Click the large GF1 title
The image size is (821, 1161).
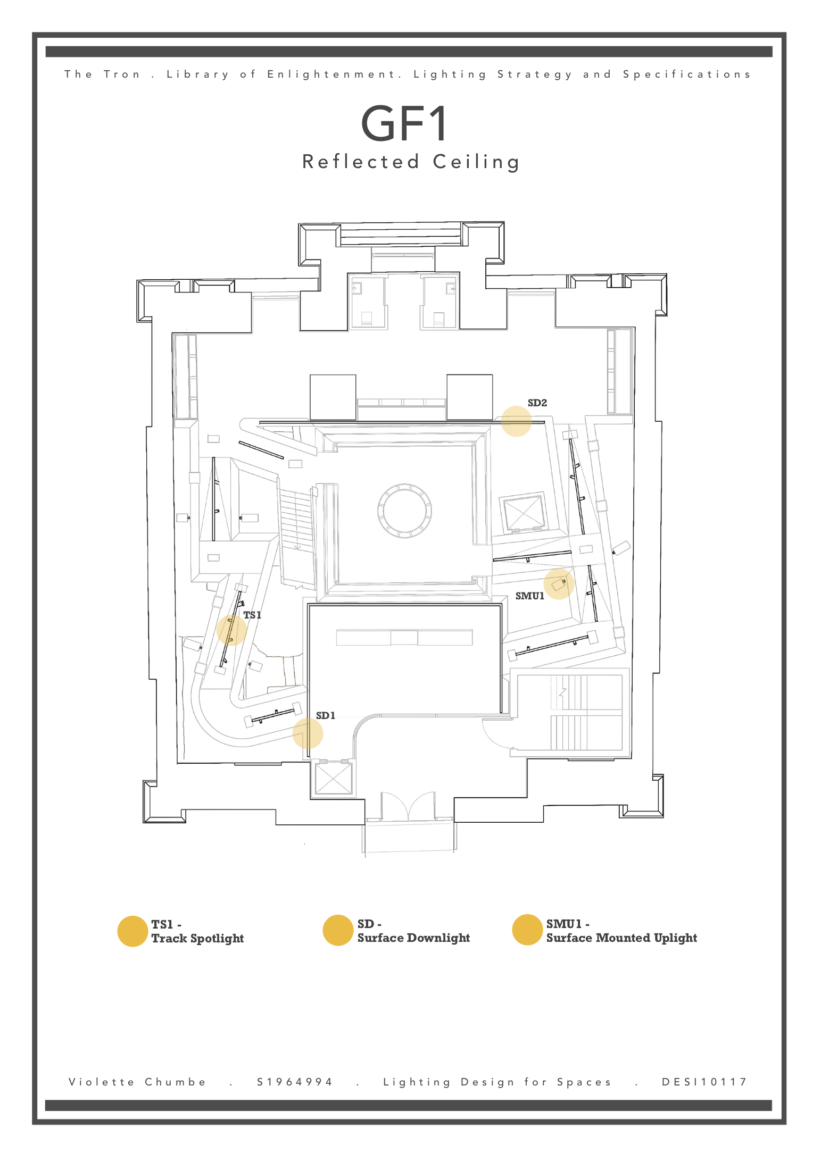pos(404,123)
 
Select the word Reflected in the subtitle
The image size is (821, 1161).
pos(361,162)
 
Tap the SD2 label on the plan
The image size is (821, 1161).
pos(537,403)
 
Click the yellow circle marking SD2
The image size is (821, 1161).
pos(516,421)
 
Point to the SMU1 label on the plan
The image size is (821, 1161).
pos(529,596)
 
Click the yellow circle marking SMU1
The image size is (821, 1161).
pos(559,584)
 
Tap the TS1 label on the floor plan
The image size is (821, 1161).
pos(252,615)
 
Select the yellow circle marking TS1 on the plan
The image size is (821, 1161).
pos(231,630)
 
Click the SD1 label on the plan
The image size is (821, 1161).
pos(326,716)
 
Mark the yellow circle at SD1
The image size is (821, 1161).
pos(308,733)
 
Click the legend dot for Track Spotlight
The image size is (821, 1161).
pos(132,931)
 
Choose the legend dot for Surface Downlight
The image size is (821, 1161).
pos(338,931)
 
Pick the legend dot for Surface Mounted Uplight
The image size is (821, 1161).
pos(527,930)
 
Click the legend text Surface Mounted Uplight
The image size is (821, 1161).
pos(621,938)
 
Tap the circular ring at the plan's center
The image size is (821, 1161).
pos(404,511)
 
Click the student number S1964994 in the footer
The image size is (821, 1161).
pos(295,1082)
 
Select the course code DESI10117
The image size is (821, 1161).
pos(704,1082)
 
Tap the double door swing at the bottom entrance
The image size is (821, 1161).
pos(408,806)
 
